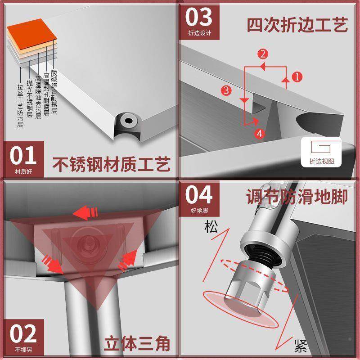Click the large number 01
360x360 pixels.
tap(23, 156)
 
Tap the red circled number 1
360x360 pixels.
tap(296, 76)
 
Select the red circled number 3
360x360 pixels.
tap(227, 90)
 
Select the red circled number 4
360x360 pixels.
tap(258, 133)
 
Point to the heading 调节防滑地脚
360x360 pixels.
tap(297, 197)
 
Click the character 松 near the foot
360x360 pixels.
tap(210, 227)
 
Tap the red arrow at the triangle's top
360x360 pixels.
tap(88, 211)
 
